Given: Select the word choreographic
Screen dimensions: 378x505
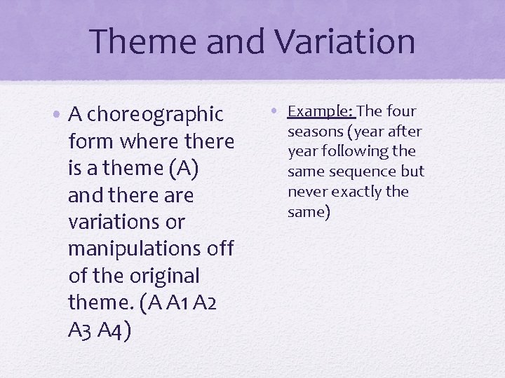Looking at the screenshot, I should (155, 114).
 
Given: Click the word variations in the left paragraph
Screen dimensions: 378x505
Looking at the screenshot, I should (116, 222).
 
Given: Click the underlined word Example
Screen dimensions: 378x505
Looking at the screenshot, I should (322, 111).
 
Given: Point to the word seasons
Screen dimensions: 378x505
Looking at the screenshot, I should (316, 132).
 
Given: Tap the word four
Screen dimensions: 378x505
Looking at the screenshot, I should (401, 111).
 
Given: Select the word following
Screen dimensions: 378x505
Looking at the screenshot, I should (357, 151).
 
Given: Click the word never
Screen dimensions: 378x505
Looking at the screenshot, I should (307, 192).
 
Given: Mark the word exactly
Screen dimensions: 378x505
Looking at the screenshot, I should (357, 192).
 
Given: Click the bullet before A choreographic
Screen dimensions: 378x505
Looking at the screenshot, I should (59, 114).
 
